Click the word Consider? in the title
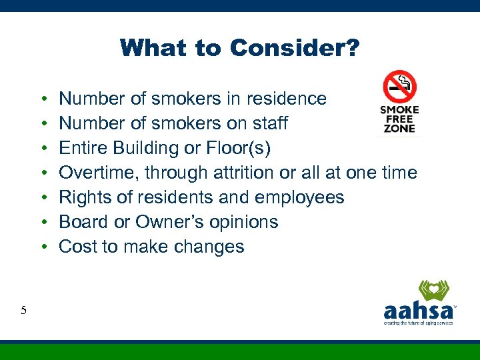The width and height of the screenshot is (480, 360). click(295, 48)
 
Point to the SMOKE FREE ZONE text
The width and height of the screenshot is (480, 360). click(399, 119)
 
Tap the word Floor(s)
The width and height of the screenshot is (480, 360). click(247, 148)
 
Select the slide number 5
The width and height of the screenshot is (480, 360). click(24, 309)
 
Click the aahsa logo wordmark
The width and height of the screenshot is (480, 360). click(418, 311)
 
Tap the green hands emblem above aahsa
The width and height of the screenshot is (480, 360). click(433, 291)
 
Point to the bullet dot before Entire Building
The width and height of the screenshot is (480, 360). click(43, 148)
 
